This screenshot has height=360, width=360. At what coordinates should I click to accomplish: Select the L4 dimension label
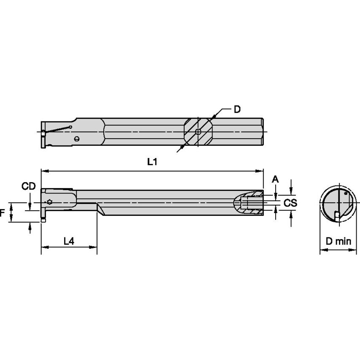(69, 241)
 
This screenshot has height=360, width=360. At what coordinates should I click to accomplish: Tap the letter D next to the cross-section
(237, 110)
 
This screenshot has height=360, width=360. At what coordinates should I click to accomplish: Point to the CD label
(29, 186)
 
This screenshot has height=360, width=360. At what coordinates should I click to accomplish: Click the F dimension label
(3, 213)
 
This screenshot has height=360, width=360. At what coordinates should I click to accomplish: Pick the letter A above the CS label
(275, 179)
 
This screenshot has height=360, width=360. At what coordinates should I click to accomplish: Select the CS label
(290, 203)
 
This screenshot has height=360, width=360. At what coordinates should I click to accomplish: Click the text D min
(338, 242)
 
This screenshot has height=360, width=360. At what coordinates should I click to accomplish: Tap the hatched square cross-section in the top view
(198, 132)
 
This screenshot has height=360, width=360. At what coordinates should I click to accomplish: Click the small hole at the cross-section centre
(198, 132)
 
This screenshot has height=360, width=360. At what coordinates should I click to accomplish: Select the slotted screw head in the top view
(76, 139)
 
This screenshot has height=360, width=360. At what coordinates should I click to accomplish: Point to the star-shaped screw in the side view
(50, 202)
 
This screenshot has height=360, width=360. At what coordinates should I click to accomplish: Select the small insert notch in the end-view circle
(336, 215)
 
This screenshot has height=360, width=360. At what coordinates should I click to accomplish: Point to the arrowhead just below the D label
(215, 116)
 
